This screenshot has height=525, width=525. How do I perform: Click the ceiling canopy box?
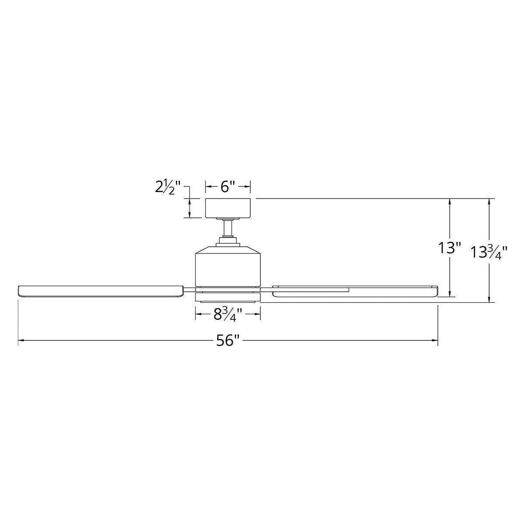pos(228,208)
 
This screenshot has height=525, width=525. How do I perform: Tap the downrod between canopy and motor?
pos(228,229)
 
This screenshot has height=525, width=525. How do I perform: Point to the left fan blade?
pos(101,291)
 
